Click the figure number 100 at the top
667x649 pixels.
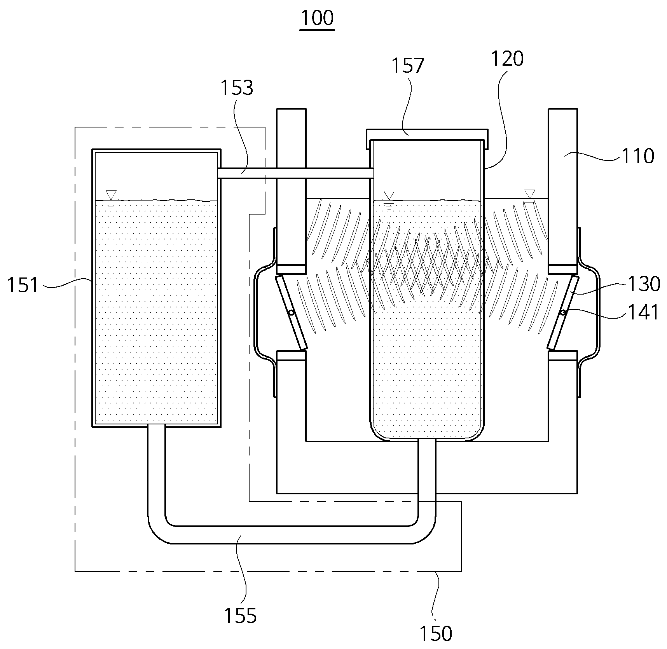(x=317, y=18)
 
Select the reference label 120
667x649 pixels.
(x=507, y=59)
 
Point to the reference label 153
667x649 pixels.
(x=237, y=87)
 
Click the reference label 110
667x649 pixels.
(x=638, y=156)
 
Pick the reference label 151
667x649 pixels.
(x=23, y=285)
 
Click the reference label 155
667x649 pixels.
(x=240, y=616)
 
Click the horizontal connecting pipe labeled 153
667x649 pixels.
(x=295, y=173)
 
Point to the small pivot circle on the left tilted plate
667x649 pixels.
(x=291, y=313)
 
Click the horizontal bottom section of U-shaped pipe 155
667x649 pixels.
(x=292, y=535)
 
